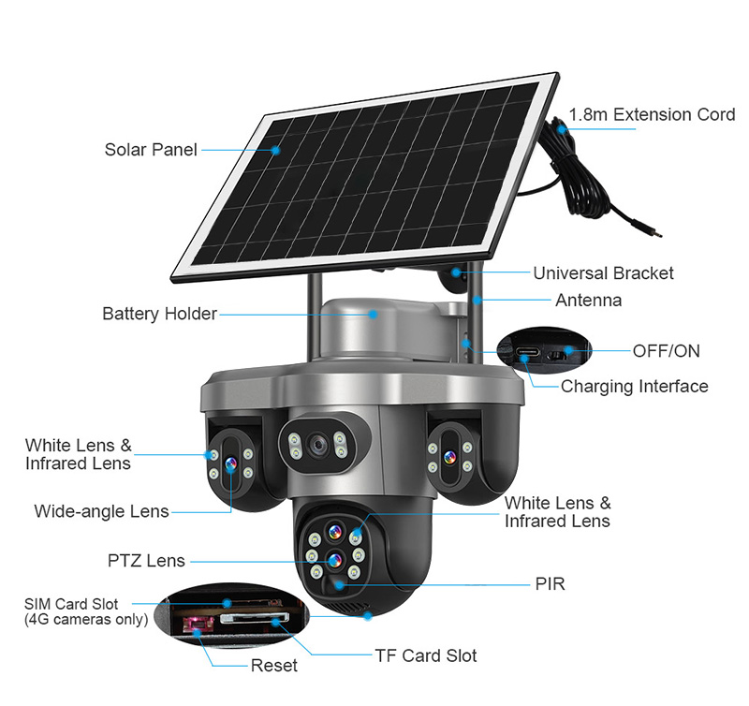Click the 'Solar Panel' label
point(151,150)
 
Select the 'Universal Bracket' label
point(603,273)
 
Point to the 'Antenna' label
point(588,301)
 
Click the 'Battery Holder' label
point(159,314)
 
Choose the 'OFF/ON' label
point(666,351)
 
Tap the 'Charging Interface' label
point(634,386)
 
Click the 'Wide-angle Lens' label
point(101,511)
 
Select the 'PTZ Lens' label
point(146,561)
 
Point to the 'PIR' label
point(550,584)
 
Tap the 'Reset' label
point(274,666)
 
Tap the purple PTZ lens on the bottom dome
point(332,561)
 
